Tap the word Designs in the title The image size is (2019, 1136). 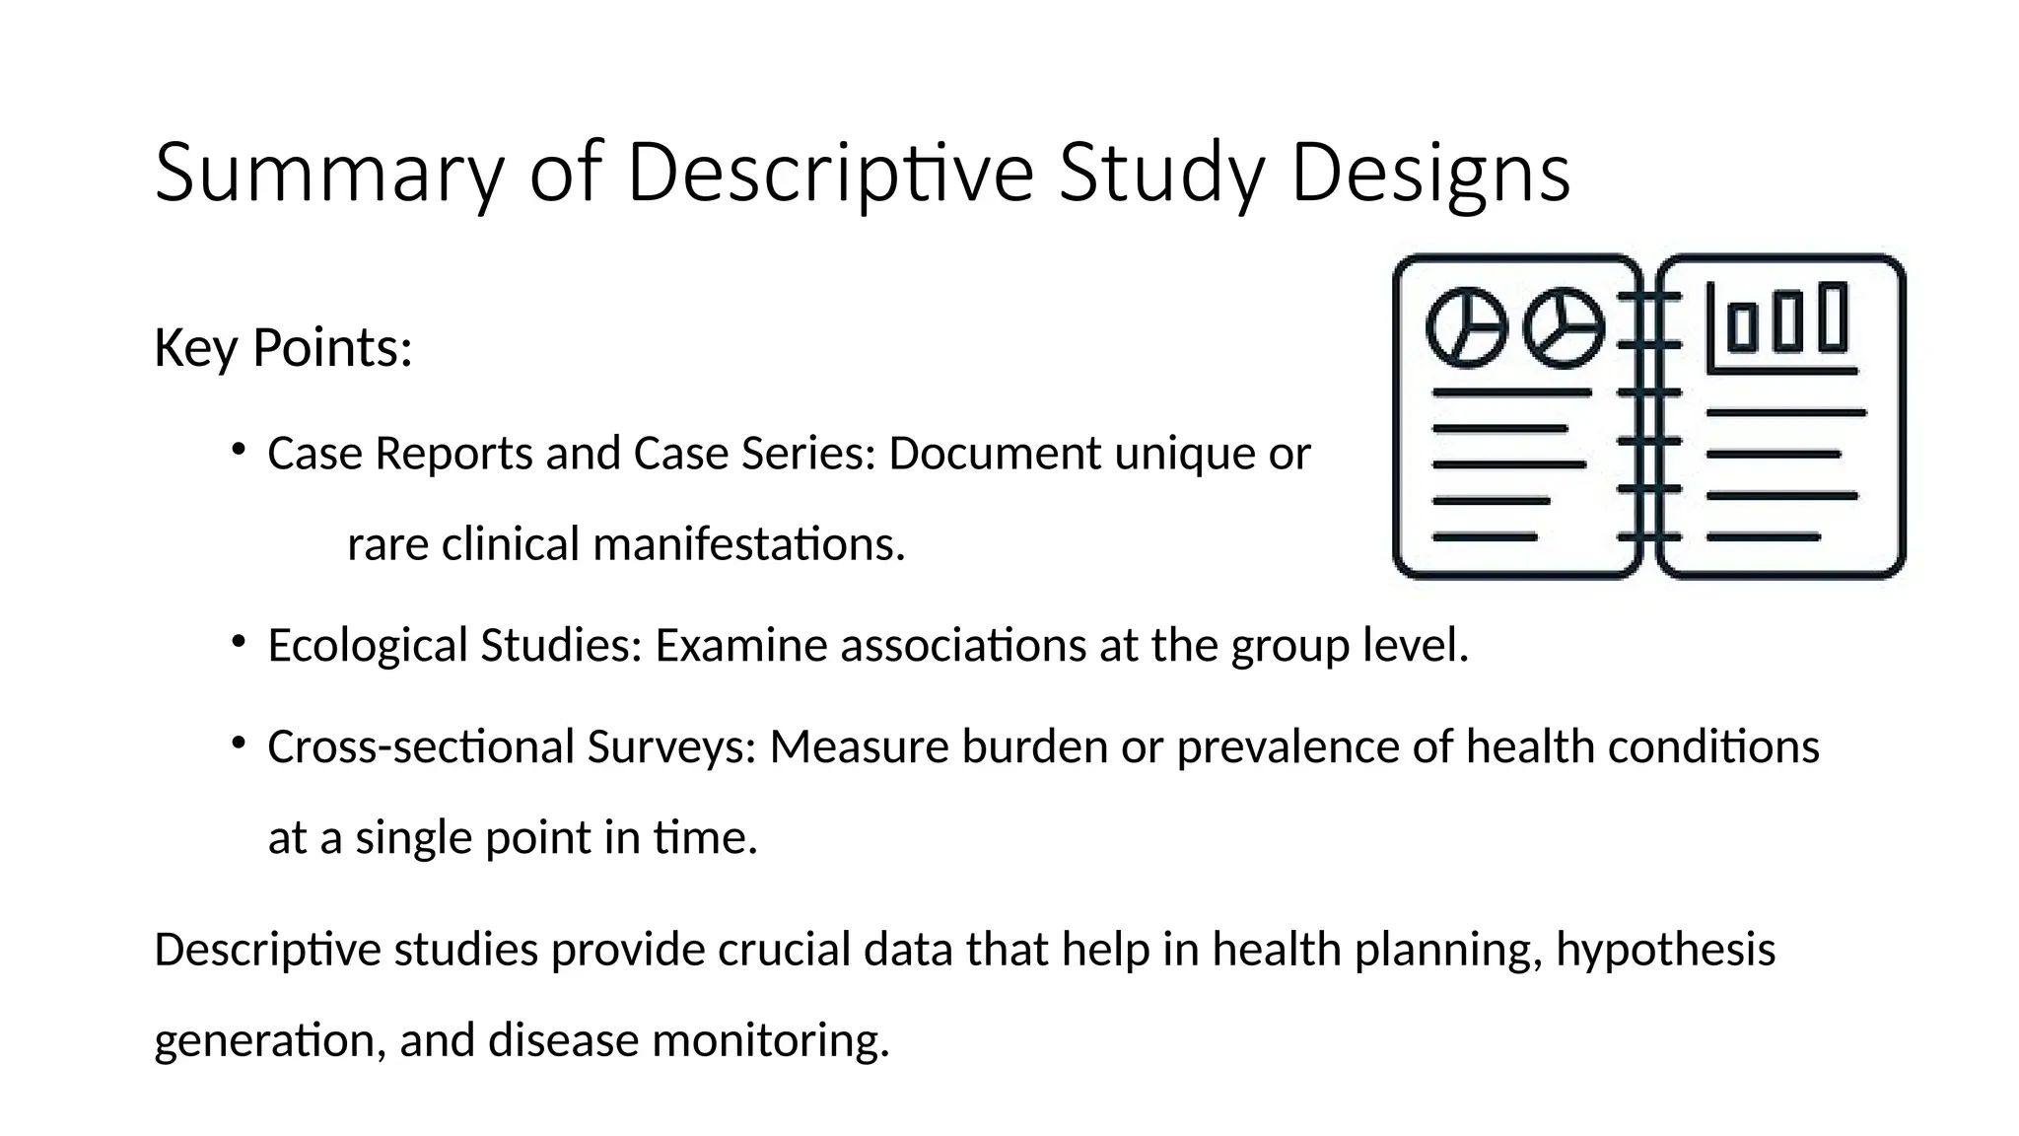(1429, 174)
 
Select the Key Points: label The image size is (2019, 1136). (283, 348)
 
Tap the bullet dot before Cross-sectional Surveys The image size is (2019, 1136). (238, 744)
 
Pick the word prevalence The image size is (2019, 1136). (1288, 746)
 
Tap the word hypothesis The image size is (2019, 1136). (1665, 950)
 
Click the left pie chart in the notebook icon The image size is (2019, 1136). (1467, 327)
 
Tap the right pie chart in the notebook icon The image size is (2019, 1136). (1564, 327)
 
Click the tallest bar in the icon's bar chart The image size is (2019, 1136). (1833, 317)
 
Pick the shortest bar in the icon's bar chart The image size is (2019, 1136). (1742, 328)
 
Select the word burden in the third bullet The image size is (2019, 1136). (1034, 746)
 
